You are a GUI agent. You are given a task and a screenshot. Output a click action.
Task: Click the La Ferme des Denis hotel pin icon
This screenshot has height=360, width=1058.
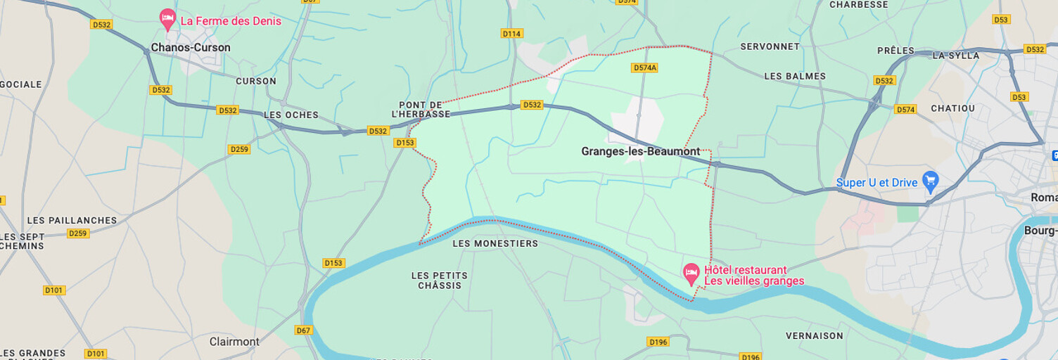pyautogui.click(x=167, y=19)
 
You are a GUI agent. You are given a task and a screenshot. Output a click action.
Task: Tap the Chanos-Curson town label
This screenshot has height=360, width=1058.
pyautogui.click(x=191, y=48)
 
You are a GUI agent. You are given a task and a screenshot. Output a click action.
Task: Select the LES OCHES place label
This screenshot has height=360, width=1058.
pyautogui.click(x=291, y=115)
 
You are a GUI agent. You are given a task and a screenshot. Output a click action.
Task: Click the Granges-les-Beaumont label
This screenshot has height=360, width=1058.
pyautogui.click(x=641, y=151)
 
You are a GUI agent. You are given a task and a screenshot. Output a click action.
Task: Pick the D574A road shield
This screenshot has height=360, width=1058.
pyautogui.click(x=644, y=68)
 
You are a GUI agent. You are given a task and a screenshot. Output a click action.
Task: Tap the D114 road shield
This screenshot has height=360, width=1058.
pyautogui.click(x=511, y=34)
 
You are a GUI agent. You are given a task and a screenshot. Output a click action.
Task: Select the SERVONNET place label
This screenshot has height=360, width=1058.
pyautogui.click(x=770, y=46)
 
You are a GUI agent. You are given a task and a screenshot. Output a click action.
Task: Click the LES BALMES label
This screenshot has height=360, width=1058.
pyautogui.click(x=795, y=76)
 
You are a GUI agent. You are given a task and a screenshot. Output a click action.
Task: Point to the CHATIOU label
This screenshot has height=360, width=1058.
pyautogui.click(x=952, y=108)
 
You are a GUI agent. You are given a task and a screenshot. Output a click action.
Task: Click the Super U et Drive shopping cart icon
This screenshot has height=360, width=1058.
pyautogui.click(x=931, y=181)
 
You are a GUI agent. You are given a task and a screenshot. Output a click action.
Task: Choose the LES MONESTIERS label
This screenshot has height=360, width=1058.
pyautogui.click(x=495, y=244)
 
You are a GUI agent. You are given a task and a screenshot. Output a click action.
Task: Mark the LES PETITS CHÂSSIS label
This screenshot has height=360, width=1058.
pyautogui.click(x=440, y=281)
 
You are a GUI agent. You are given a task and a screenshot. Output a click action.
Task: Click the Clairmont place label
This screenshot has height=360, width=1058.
pyautogui.click(x=234, y=342)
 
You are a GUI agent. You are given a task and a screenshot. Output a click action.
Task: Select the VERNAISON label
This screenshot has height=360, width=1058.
pyautogui.click(x=815, y=336)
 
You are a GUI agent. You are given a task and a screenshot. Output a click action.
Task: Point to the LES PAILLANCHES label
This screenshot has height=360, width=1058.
pyautogui.click(x=72, y=220)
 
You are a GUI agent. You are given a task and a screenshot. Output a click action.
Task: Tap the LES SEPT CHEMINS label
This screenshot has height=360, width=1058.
pyautogui.click(x=23, y=241)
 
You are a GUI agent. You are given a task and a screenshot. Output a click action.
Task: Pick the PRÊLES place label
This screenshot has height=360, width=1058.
pyautogui.click(x=896, y=51)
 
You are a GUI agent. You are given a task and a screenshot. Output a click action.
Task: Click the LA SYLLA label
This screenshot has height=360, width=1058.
pyautogui.click(x=956, y=56)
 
